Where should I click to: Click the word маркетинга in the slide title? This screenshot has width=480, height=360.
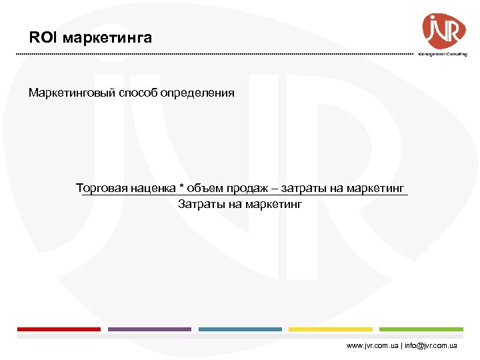pos(107,38)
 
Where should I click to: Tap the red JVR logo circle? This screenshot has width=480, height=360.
pos(443,29)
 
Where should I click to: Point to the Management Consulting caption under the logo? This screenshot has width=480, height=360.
pos(443,54)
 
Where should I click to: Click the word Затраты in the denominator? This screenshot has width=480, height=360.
pos(200,204)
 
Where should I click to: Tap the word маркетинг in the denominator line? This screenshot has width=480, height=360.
pos(274,204)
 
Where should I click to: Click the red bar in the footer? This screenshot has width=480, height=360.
pos(59,329)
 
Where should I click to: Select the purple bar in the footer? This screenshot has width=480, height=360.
pos(149,329)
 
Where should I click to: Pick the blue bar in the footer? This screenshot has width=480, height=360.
pos(240,329)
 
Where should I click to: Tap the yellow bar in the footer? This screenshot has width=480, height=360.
pos(331,329)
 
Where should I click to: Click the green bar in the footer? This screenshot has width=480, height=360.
pos(421,329)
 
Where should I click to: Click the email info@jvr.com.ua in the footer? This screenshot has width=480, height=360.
pos(431,346)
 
